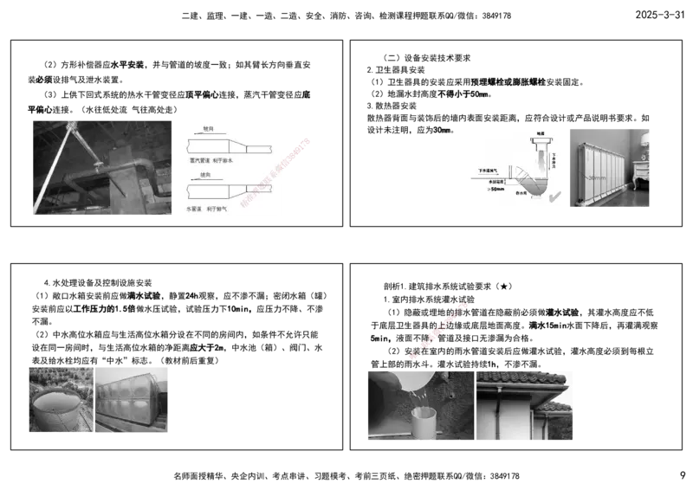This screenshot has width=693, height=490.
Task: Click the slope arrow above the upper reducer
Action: (x=208, y=134)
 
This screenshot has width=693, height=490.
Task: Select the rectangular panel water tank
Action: (x=134, y=403)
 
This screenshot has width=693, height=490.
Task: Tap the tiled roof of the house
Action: (x=520, y=379)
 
